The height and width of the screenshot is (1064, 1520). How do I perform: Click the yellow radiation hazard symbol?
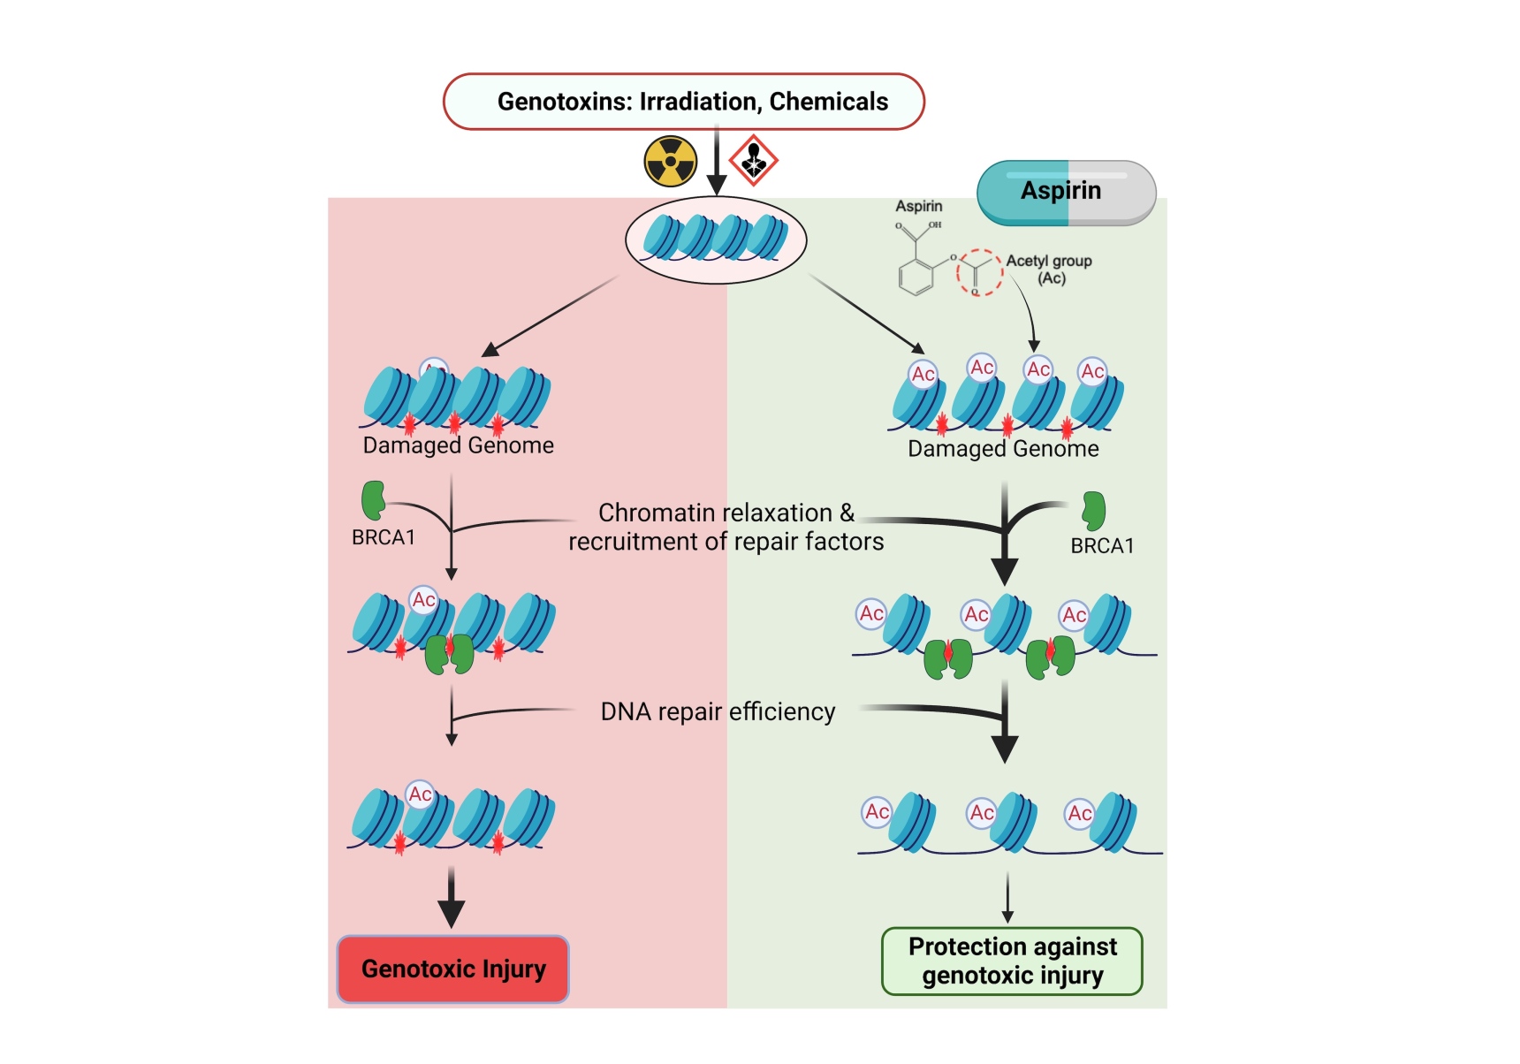(670, 161)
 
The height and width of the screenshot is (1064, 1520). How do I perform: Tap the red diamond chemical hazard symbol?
(753, 160)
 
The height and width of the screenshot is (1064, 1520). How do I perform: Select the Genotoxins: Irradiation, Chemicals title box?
(683, 102)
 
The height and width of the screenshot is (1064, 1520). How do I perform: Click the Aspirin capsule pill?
(1066, 192)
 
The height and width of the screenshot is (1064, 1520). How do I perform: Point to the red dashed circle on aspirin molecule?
(978, 272)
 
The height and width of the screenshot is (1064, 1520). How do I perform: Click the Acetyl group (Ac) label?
(1049, 269)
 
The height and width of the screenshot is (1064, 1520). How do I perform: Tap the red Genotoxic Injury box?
(452, 969)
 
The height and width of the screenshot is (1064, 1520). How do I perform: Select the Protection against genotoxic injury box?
(1012, 961)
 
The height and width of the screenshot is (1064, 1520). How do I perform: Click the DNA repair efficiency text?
(717, 711)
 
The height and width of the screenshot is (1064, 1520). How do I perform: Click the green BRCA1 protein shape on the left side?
(373, 499)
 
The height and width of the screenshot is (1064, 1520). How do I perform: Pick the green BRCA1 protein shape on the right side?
(1094, 510)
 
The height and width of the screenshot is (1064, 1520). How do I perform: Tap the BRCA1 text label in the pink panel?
(383, 537)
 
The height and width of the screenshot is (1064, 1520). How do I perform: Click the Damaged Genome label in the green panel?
(1003, 449)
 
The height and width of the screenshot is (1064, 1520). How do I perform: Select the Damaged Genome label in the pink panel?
(458, 445)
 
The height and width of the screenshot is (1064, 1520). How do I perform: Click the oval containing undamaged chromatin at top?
(716, 239)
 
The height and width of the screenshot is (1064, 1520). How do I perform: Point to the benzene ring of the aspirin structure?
(916, 277)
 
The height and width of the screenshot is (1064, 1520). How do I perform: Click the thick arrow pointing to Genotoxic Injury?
(452, 898)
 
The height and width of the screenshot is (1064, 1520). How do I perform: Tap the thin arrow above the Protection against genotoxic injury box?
(1007, 897)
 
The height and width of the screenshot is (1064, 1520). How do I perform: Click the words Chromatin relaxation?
(714, 513)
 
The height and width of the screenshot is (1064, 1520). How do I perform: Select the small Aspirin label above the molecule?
(918, 206)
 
